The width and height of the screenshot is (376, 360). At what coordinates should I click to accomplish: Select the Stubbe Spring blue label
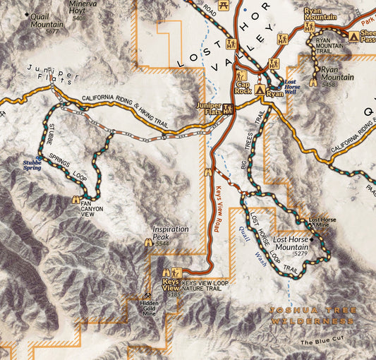(32, 164)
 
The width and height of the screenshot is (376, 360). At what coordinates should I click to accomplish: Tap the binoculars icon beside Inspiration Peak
(148, 242)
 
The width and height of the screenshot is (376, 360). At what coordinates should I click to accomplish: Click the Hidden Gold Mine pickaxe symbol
(147, 295)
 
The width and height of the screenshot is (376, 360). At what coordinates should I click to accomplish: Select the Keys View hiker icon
(166, 272)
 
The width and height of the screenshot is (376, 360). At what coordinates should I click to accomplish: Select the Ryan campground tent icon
(260, 90)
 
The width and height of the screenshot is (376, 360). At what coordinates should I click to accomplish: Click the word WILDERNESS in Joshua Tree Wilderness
(313, 321)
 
